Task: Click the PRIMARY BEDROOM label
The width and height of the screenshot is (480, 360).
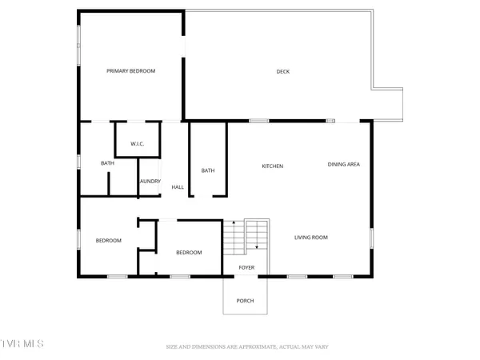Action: [131, 71]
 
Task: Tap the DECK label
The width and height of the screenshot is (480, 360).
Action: [282, 72]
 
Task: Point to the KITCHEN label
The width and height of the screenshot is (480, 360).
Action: [273, 166]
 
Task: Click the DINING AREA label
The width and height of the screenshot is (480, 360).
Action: [344, 165]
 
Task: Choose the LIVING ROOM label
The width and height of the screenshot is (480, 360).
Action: [311, 237]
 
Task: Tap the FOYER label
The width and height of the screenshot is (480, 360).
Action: [245, 268]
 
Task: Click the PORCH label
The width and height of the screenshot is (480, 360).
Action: [245, 301]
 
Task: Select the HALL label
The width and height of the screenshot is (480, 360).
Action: [178, 187]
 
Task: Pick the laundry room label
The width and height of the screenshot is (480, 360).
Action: [150, 182]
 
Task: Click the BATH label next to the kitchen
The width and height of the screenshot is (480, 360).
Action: [208, 170]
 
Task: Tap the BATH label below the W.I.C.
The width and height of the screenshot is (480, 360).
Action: [107, 164]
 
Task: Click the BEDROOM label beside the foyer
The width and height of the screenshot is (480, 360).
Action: [189, 253]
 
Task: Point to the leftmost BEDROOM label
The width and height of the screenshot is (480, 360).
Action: [109, 241]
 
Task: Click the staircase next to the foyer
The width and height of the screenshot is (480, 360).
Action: [245, 237]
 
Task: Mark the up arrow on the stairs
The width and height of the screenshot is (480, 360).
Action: [233, 223]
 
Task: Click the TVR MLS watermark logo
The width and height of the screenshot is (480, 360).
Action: [22, 345]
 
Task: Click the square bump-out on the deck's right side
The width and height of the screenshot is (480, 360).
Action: [387, 102]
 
